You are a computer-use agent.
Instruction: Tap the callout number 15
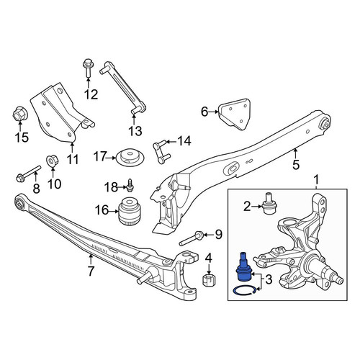pos(22,138)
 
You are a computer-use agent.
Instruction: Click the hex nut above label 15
pos(19,114)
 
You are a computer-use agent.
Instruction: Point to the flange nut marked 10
pos(51,160)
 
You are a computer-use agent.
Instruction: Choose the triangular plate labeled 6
pos(235,114)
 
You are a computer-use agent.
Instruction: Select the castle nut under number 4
pos(209,280)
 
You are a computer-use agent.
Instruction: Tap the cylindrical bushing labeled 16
pos(130,211)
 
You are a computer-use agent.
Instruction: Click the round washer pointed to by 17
pos(130,157)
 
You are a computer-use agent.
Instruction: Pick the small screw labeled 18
pos(130,186)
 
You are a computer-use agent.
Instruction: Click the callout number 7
pos(91,271)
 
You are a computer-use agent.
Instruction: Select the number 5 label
pos(296,165)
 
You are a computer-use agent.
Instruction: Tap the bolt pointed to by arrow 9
pos(192,239)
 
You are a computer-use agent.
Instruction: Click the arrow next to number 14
pos(171,142)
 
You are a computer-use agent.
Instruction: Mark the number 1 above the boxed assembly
pos(317,179)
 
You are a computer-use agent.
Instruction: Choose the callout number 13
pos(135,131)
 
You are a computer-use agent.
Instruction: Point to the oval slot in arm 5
pos(232,168)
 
